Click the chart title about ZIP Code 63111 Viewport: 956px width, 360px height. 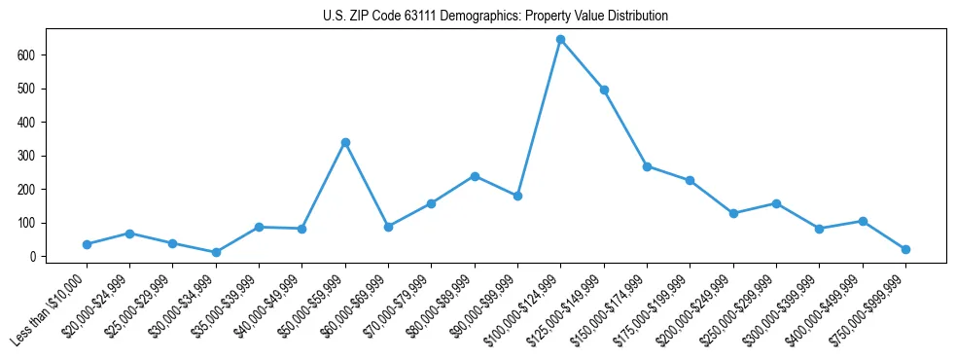495,17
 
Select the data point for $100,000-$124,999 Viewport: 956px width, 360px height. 561,40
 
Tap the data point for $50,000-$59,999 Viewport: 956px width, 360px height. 345,142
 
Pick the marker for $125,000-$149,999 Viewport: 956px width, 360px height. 604,90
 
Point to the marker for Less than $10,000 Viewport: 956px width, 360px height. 87,244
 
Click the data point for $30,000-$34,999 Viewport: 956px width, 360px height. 216,252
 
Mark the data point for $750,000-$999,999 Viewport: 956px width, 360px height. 905,249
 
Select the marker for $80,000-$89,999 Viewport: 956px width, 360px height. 475,176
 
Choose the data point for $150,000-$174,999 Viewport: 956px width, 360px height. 647,166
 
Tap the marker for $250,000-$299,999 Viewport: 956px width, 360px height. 776,203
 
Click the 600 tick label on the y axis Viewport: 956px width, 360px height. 26,55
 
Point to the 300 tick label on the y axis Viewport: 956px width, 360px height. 26,156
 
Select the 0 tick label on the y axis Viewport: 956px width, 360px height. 32,257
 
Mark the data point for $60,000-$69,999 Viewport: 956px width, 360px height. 388,227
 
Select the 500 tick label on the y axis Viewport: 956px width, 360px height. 26,89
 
